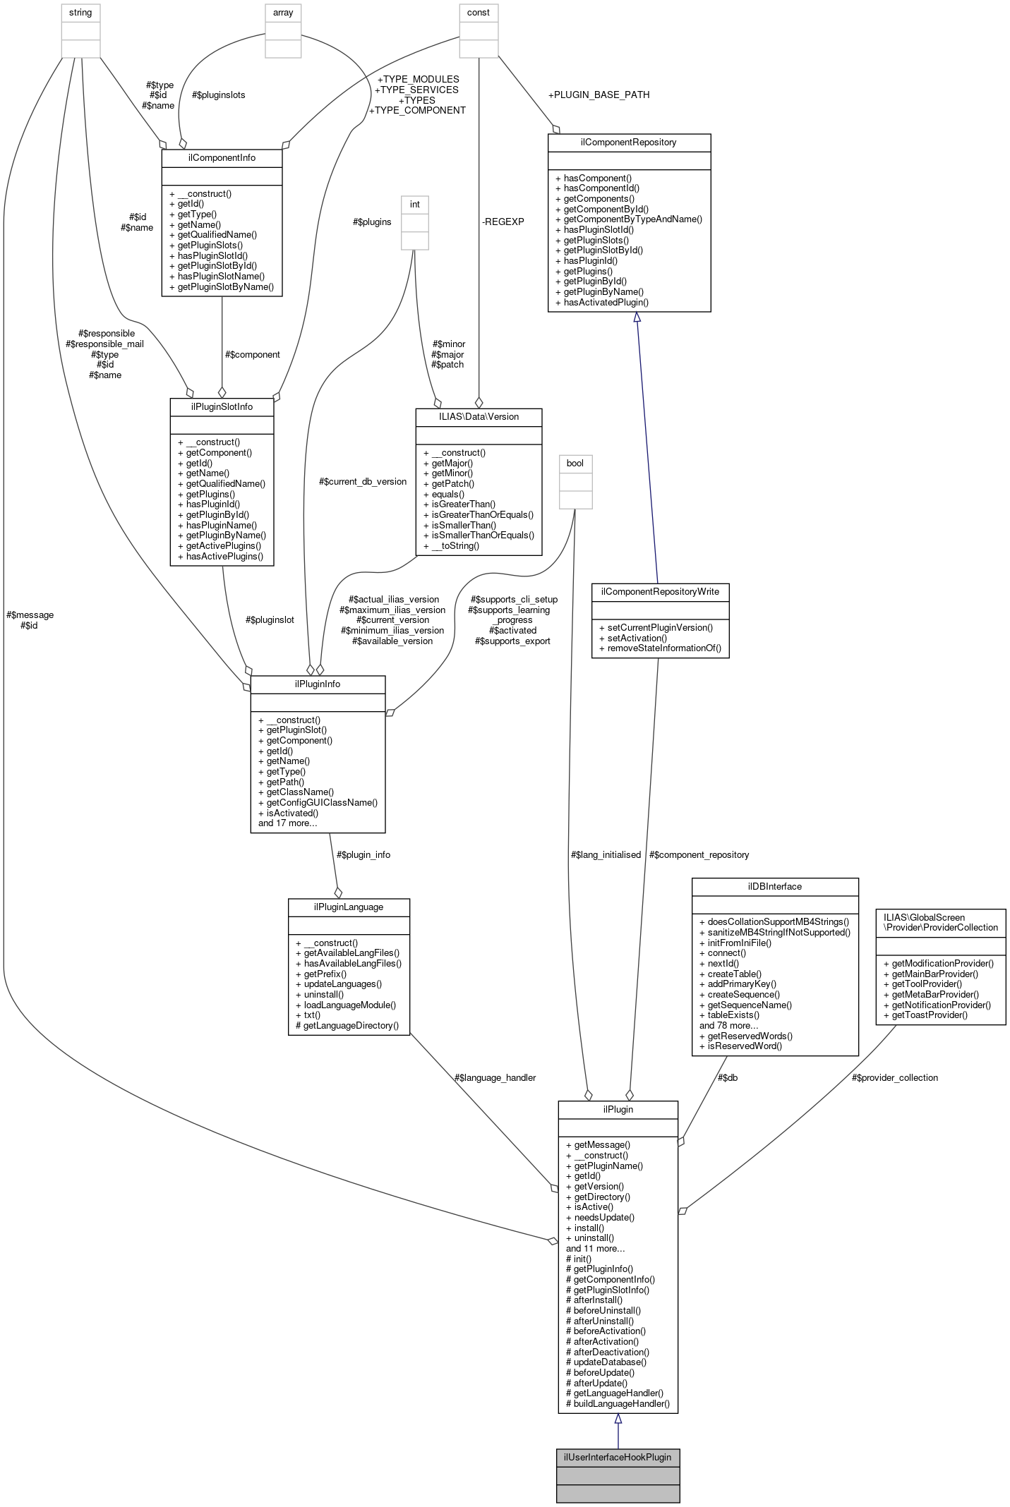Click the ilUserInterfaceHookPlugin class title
coord(618,1457)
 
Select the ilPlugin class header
coord(618,1109)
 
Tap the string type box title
coord(80,13)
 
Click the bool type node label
coord(575,463)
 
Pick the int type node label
coord(415,205)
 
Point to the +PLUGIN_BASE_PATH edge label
coord(599,95)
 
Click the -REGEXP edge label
coord(503,222)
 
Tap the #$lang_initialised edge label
coord(606,854)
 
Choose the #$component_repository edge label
coord(699,854)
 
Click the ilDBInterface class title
coord(774,886)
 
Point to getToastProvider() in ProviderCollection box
coord(925,1015)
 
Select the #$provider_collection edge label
coord(894,1077)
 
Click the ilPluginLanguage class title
coord(349,907)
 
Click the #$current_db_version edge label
coord(363,481)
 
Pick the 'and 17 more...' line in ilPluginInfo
coord(287,823)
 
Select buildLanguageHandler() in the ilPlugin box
coord(618,1403)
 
